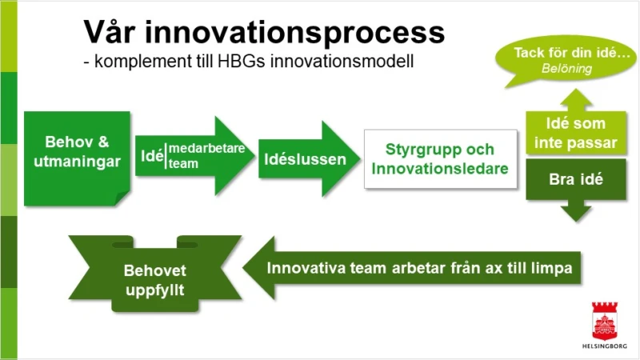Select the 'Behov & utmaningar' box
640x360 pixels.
(77, 158)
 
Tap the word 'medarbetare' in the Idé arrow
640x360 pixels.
(207, 148)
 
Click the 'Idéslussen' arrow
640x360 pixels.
(309, 158)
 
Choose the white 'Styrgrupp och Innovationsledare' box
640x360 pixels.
(441, 159)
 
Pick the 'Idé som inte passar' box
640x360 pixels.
(576, 133)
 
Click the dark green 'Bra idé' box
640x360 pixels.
(576, 179)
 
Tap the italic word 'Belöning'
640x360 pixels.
(566, 69)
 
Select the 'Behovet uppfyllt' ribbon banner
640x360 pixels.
(154, 274)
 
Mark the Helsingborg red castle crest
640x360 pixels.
(605, 321)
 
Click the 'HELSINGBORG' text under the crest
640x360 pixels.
(605, 346)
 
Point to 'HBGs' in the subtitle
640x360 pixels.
(242, 62)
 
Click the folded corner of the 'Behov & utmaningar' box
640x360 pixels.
(122, 198)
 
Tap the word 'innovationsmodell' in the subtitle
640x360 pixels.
(342, 62)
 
